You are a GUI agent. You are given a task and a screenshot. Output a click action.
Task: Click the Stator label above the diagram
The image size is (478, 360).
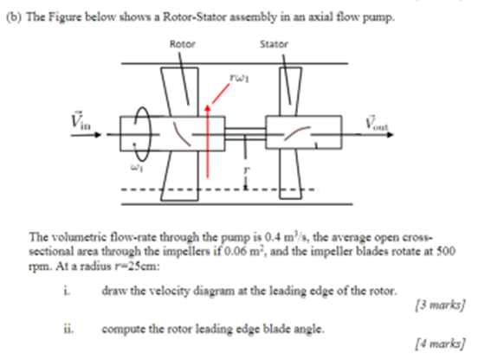(x=273, y=42)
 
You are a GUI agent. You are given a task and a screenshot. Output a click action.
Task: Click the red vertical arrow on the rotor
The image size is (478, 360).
(x=208, y=130)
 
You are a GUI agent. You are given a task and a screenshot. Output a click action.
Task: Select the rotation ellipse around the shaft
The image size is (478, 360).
(x=144, y=134)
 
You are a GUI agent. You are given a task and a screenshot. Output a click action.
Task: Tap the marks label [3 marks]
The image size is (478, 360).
(x=442, y=305)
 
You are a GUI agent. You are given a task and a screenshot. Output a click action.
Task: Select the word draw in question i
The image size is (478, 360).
(x=113, y=290)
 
